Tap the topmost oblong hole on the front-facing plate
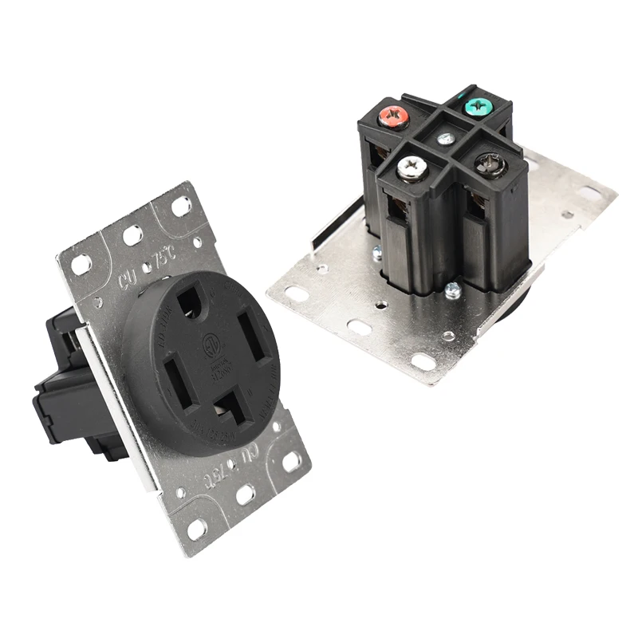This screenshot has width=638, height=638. tap(182, 206)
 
